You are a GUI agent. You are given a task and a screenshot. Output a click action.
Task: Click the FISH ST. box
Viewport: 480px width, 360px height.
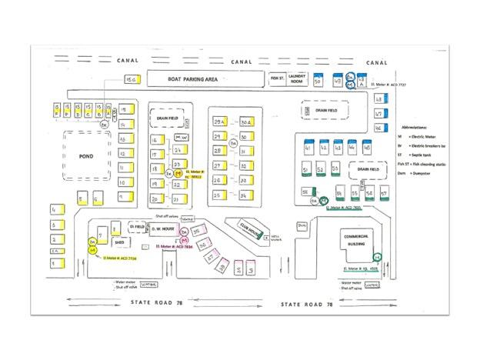point(278,78)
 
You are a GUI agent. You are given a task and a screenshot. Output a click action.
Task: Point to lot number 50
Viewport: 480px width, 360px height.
point(318,81)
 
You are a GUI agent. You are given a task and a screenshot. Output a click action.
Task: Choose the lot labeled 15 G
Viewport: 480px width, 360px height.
point(132,79)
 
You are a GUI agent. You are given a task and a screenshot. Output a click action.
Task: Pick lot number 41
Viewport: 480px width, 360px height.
point(308,146)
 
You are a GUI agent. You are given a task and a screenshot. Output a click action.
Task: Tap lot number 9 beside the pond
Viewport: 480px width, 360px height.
point(122,197)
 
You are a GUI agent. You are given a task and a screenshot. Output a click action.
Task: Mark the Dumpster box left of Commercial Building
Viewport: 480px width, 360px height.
point(302,225)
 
